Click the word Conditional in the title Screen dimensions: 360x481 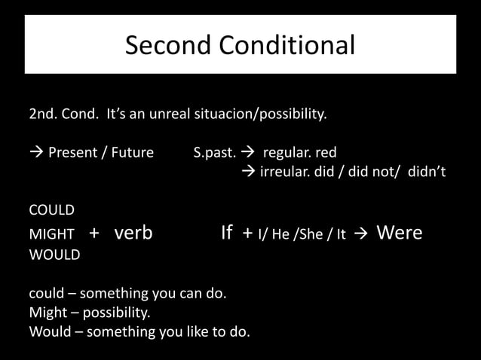(287, 46)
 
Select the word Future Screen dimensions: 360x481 (132, 154)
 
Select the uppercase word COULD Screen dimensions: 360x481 (51, 210)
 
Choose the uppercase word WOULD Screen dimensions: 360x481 (54, 255)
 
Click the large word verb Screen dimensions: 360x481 (133, 233)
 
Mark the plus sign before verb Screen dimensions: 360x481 (94, 233)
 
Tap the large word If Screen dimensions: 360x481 (226, 233)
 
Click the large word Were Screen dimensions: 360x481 (399, 233)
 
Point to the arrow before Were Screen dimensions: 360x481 (361, 234)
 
